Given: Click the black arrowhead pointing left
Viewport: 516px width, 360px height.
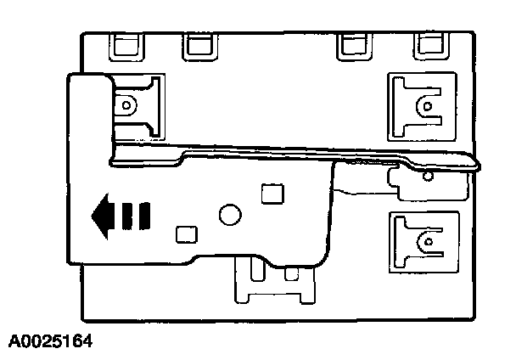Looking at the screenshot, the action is coord(102,216).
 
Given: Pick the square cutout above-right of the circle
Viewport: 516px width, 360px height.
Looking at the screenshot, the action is coord(272,194).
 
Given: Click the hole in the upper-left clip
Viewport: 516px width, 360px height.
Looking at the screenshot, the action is coord(126,106).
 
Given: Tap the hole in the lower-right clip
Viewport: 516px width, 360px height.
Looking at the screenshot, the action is coord(424,243).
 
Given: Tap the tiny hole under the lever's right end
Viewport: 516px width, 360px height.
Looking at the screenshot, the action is coord(427,176).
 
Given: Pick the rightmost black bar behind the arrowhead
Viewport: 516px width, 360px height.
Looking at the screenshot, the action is coord(145,216).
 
